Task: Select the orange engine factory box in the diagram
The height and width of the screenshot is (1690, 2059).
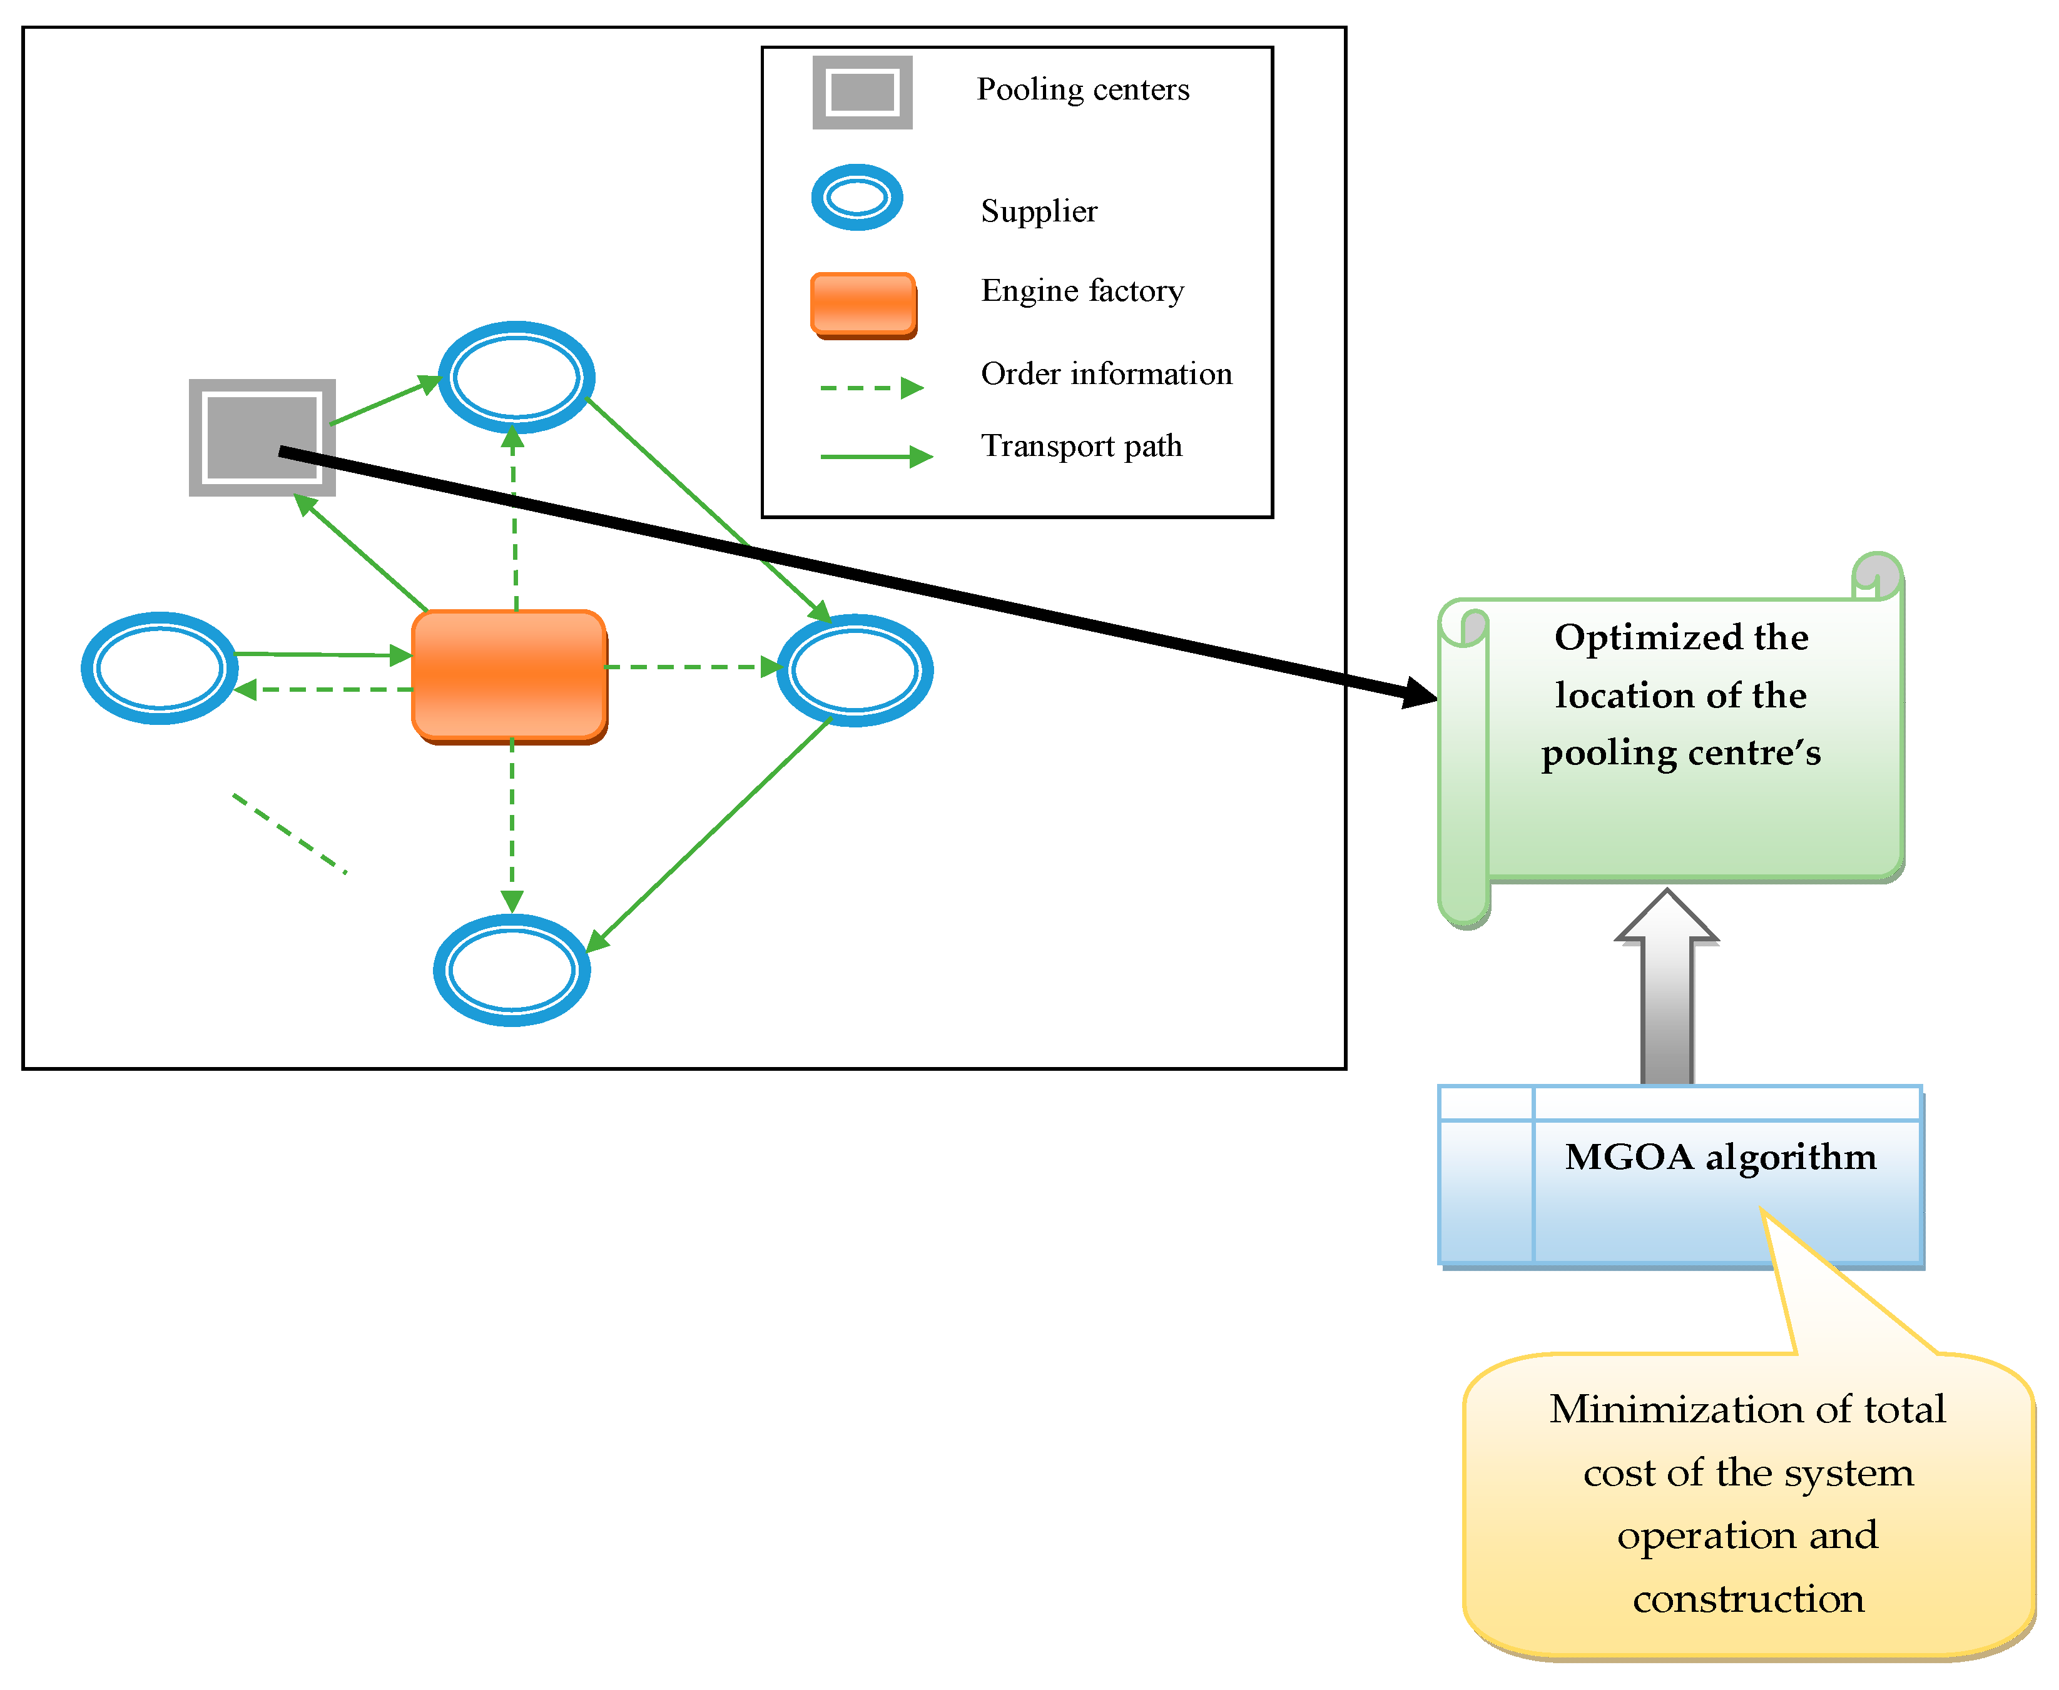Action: [509, 675]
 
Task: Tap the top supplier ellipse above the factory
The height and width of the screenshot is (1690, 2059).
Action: [516, 377]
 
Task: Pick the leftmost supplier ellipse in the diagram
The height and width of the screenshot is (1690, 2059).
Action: [160, 668]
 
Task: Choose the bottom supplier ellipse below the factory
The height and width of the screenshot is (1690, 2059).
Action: [511, 969]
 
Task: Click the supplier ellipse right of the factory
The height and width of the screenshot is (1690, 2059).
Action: [854, 670]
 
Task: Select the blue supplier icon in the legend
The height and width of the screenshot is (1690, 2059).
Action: [857, 198]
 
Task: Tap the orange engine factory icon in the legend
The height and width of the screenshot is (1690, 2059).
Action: [863, 305]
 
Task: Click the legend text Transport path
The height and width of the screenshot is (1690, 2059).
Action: [1080, 446]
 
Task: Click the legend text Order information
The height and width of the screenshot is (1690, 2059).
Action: [1106, 374]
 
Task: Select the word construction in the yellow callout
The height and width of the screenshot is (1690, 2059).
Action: [1747, 1599]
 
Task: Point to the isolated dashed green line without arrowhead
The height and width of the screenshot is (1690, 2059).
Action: [289, 833]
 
